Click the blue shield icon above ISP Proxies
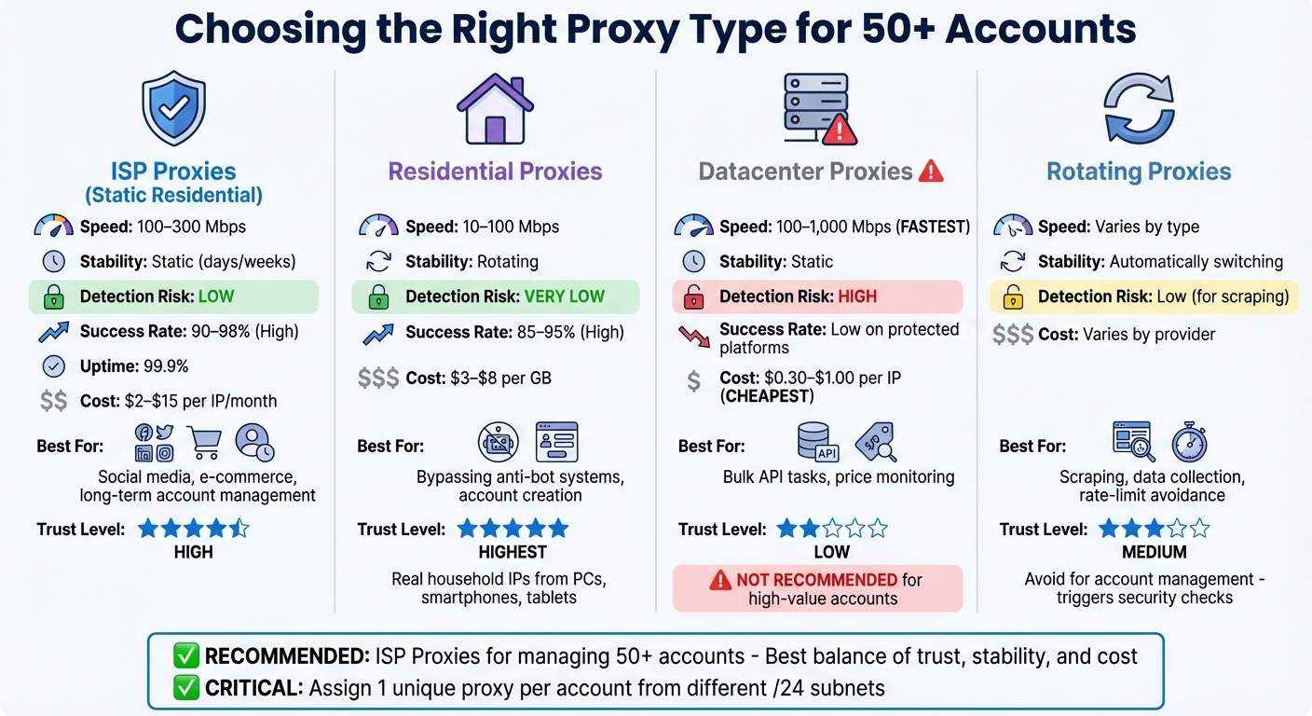tap(173, 110)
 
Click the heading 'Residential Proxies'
tap(495, 172)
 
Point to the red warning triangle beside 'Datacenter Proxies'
tap(931, 172)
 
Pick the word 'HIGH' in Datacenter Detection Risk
tap(857, 297)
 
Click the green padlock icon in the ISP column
tap(53, 297)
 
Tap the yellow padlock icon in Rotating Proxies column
tap(1012, 297)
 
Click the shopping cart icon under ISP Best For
tap(205, 441)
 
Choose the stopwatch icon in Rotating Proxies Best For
tap(1188, 441)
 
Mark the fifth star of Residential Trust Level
tap(557, 529)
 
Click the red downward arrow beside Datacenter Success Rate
tap(693, 337)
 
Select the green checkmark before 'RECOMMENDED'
tap(186, 656)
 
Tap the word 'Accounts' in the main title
tap(1040, 30)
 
